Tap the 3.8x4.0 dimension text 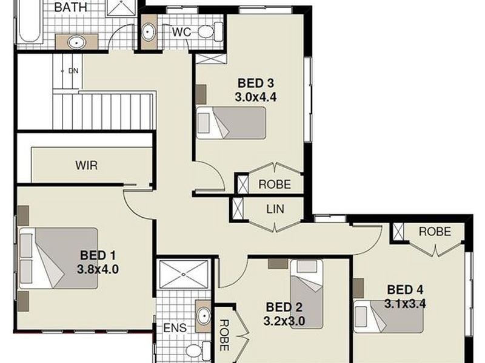point(98,269)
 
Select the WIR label point(86,165)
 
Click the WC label point(181,32)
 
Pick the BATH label point(71,8)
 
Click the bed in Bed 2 point(307,293)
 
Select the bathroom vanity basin point(76,42)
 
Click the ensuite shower point(184,276)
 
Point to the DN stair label point(73,71)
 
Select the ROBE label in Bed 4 point(435,231)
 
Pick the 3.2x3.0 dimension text point(284,320)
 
